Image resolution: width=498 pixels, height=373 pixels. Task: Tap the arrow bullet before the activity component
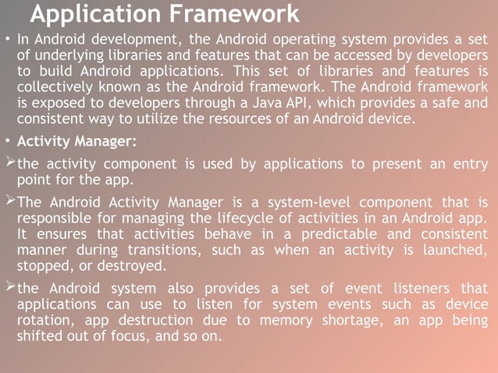click(9, 162)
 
